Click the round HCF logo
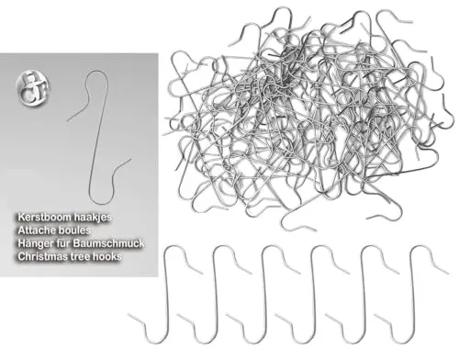point(32,89)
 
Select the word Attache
point(36,231)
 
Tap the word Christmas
point(40,256)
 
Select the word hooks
point(106,256)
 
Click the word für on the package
point(62,243)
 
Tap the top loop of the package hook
point(97,72)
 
